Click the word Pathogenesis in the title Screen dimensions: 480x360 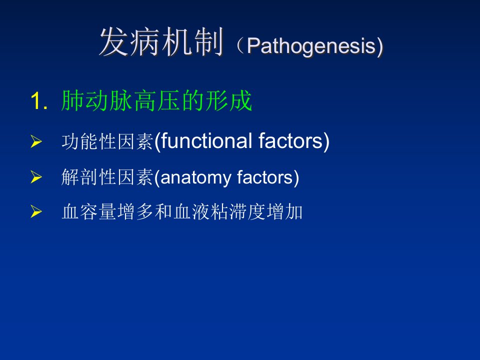click(311, 46)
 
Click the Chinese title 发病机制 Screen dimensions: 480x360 click(161, 42)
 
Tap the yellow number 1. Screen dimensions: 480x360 click(39, 101)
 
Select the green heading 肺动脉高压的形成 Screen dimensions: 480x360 click(156, 100)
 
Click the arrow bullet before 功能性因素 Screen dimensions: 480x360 click(36, 141)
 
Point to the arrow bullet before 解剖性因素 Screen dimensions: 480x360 click(36, 177)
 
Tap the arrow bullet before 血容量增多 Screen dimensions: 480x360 click(36, 212)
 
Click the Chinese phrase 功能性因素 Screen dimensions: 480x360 click(107, 141)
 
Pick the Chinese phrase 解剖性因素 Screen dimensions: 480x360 click(107, 177)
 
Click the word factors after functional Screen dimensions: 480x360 click(290, 141)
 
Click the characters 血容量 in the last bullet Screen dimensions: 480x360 click(89, 212)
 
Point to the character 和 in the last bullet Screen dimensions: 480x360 click(164, 212)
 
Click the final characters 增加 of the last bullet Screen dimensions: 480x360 click(284, 212)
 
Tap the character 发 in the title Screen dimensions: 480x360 click(114, 42)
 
